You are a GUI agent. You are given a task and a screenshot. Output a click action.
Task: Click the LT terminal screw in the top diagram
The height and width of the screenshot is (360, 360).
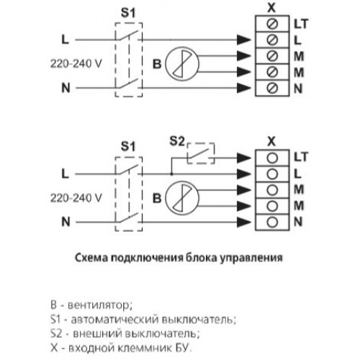coord(272,24)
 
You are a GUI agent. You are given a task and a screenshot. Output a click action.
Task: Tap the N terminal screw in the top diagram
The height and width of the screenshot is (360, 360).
coord(272,88)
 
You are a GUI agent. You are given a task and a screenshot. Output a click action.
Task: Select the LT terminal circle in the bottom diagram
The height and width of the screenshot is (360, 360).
coord(272,158)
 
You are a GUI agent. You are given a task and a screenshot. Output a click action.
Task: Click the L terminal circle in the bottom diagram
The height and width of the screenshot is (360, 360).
coord(272,174)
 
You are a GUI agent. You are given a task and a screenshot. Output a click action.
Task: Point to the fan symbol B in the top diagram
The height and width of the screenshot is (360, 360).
coord(182,64)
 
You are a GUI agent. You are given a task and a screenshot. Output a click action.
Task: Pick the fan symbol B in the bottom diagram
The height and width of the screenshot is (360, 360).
coord(182,198)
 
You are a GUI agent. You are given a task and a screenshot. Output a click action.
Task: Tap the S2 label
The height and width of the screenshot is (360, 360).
coord(177,141)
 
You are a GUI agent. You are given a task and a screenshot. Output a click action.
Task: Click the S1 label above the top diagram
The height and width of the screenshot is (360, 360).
coord(128,13)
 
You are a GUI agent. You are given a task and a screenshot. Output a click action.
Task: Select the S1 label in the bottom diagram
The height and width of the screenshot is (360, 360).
coord(128,146)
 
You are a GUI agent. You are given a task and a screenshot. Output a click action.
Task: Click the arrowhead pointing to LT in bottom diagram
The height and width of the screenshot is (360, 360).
coord(244,158)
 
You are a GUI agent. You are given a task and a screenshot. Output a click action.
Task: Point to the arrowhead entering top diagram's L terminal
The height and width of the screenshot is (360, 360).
coord(244,40)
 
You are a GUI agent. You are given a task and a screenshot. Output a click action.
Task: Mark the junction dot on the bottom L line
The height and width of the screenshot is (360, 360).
coord(171,174)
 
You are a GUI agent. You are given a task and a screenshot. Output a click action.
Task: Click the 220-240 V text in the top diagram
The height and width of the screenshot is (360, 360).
coord(76,63)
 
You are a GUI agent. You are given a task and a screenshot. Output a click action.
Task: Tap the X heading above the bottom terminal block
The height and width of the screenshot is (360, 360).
coord(271,141)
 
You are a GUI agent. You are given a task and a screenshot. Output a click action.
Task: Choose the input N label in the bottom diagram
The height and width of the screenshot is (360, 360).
coord(66,222)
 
